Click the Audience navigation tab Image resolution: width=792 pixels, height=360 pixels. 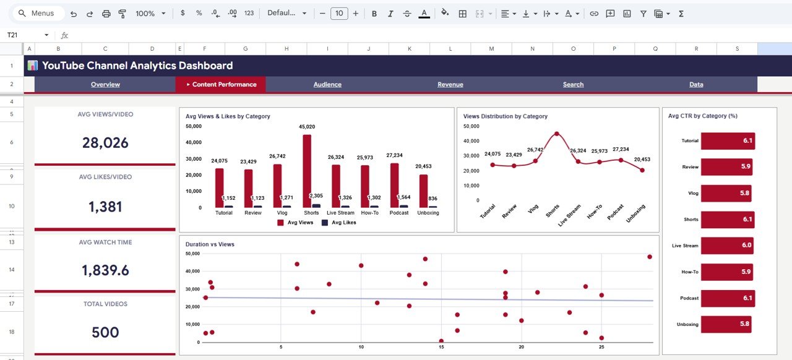[327, 85]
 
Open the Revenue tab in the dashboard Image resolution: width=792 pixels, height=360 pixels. [450, 85]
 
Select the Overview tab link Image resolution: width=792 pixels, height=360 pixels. [105, 85]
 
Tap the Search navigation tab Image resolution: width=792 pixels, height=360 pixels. [573, 85]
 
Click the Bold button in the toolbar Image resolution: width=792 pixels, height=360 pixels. [374, 14]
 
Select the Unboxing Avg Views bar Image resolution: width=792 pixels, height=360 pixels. [423, 191]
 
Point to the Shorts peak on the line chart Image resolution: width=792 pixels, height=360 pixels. [556, 134]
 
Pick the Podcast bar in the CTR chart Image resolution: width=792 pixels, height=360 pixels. [728, 298]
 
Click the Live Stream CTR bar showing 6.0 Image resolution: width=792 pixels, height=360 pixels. [727, 246]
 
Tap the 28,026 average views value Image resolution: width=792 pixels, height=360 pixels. [105, 143]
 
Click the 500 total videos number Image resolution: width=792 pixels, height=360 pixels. [105, 332]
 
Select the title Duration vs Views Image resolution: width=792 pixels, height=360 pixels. [210, 244]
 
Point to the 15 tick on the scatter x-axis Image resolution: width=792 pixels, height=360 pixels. [441, 347]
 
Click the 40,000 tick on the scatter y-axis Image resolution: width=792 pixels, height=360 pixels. [192, 271]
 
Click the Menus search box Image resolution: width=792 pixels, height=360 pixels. [37, 14]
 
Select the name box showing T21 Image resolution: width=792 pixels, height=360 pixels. [25, 35]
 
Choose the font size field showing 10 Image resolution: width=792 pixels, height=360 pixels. [339, 14]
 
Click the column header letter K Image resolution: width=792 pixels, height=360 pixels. [409, 48]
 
